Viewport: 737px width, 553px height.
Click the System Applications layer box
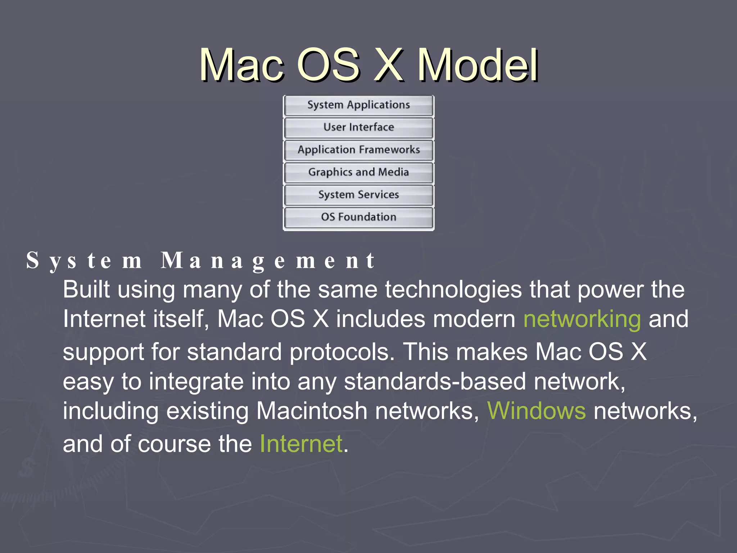[359, 105]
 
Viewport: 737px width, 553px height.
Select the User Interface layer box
[359, 127]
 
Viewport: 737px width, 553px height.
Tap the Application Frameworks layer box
[359, 150]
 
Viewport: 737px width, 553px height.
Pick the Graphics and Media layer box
[359, 172]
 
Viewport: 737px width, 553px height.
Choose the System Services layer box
[359, 195]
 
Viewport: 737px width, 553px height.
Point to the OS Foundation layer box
[359, 217]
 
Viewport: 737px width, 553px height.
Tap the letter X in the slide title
[388, 66]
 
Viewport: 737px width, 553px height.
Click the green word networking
[582, 319]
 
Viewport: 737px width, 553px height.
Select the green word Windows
[536, 411]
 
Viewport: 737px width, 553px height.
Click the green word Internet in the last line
[301, 444]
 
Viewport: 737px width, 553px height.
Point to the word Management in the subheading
[268, 261]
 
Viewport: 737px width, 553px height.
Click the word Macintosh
[312, 411]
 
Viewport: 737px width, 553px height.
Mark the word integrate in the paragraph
[196, 382]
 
